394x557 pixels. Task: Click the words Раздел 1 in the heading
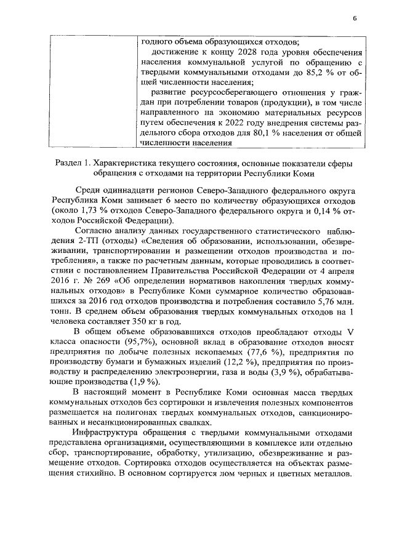pyautogui.click(x=73, y=163)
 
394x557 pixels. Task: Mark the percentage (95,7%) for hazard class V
pyautogui.click(x=143, y=341)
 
